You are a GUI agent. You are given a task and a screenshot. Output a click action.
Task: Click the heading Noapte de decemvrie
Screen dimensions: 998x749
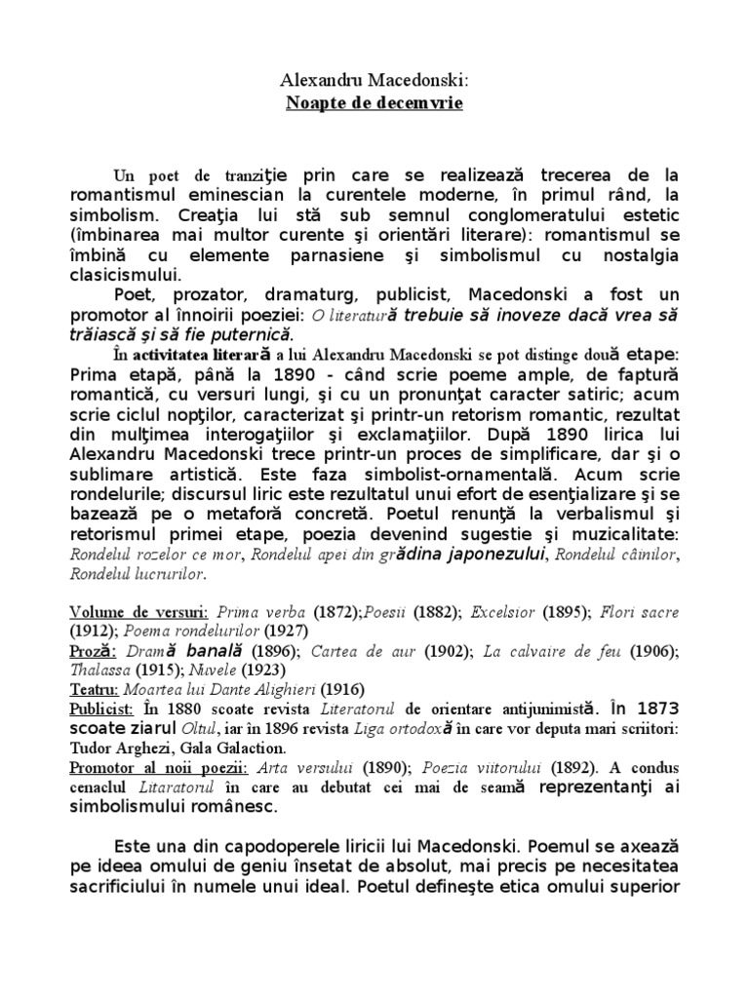374,103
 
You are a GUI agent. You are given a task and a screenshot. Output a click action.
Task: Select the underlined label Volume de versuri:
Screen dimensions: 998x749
138,613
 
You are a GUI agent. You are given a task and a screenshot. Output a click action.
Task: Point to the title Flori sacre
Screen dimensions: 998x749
639,613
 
